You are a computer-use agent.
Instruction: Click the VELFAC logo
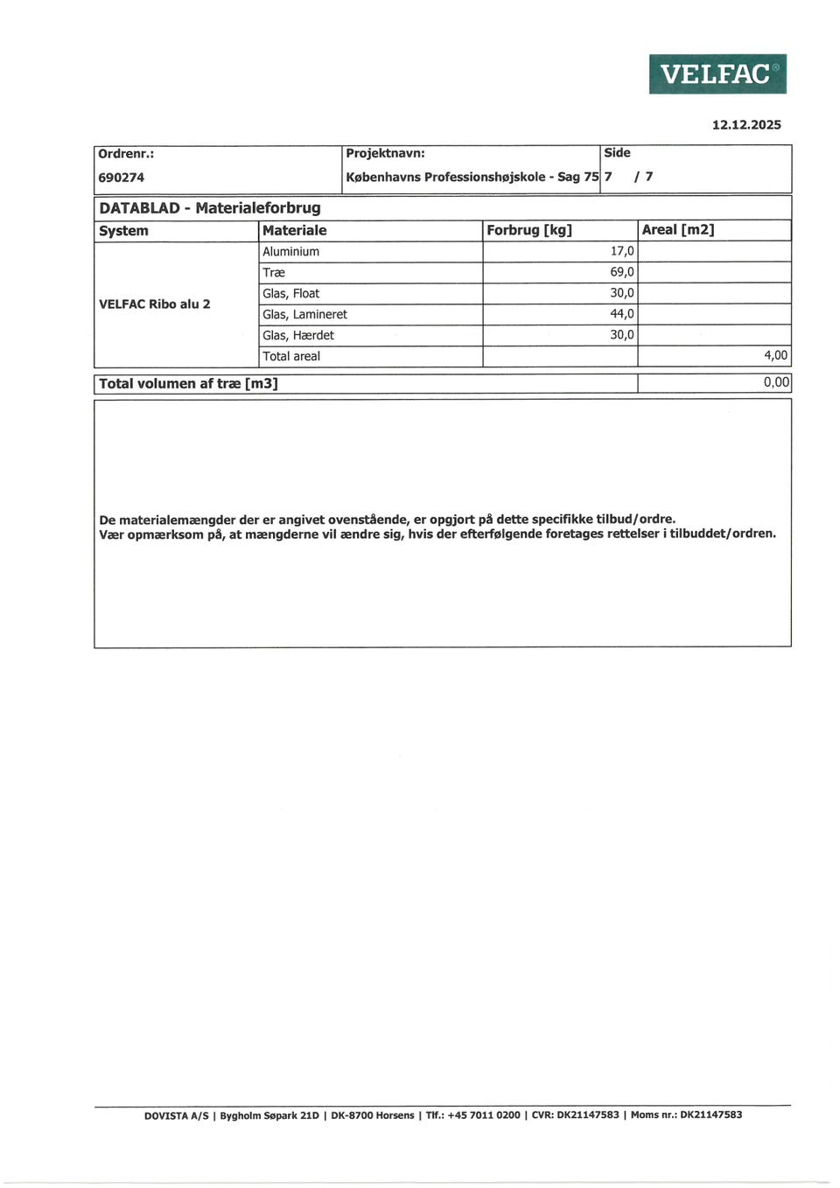coord(717,74)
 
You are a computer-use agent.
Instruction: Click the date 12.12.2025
coord(745,125)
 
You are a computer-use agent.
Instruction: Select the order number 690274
coord(122,178)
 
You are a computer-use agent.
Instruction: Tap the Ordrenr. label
coord(126,154)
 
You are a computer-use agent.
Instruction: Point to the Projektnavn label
coord(385,153)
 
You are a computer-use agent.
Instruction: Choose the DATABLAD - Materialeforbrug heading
coord(210,208)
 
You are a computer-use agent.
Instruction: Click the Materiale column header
coord(294,230)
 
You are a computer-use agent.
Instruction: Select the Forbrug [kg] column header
coord(528,230)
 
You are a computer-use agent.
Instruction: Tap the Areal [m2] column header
coord(678,230)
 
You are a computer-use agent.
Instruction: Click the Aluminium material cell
coord(291,252)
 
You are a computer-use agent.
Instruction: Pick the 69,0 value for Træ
coord(622,272)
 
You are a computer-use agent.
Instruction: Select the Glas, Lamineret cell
coord(304,315)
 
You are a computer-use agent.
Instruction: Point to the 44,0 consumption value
coord(622,314)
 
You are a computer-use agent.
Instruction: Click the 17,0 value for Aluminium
coord(622,251)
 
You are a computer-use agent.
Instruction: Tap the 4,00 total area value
coord(775,356)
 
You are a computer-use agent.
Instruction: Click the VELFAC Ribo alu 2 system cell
coord(155,304)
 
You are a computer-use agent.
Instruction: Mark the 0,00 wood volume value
coord(776,382)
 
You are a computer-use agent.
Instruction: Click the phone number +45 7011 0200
coord(483,1115)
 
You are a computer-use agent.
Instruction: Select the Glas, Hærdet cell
coord(298,336)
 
